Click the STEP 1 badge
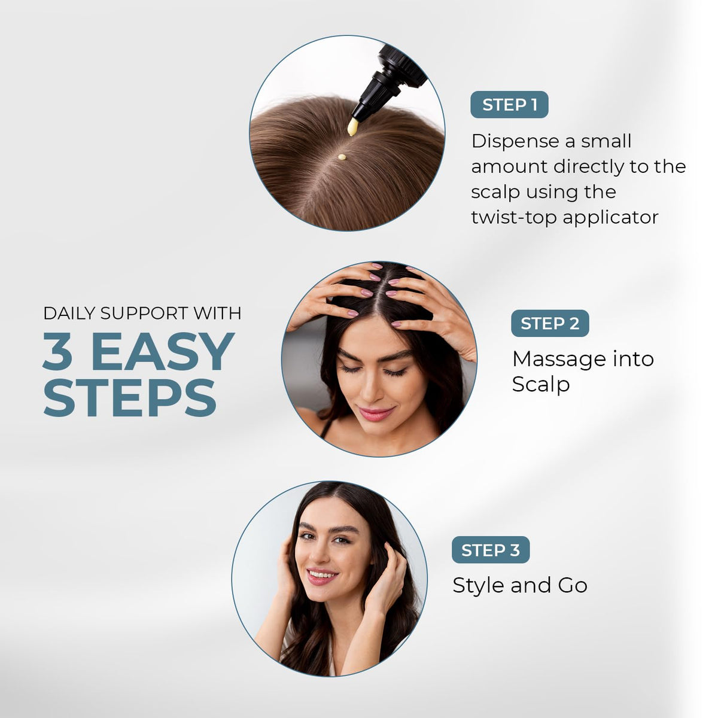point(509,105)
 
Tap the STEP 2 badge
point(550,324)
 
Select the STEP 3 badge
point(491,550)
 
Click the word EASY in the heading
point(163,351)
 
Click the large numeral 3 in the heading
point(58,351)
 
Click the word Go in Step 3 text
point(573,585)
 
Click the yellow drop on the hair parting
point(342,157)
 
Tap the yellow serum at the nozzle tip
point(352,127)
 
